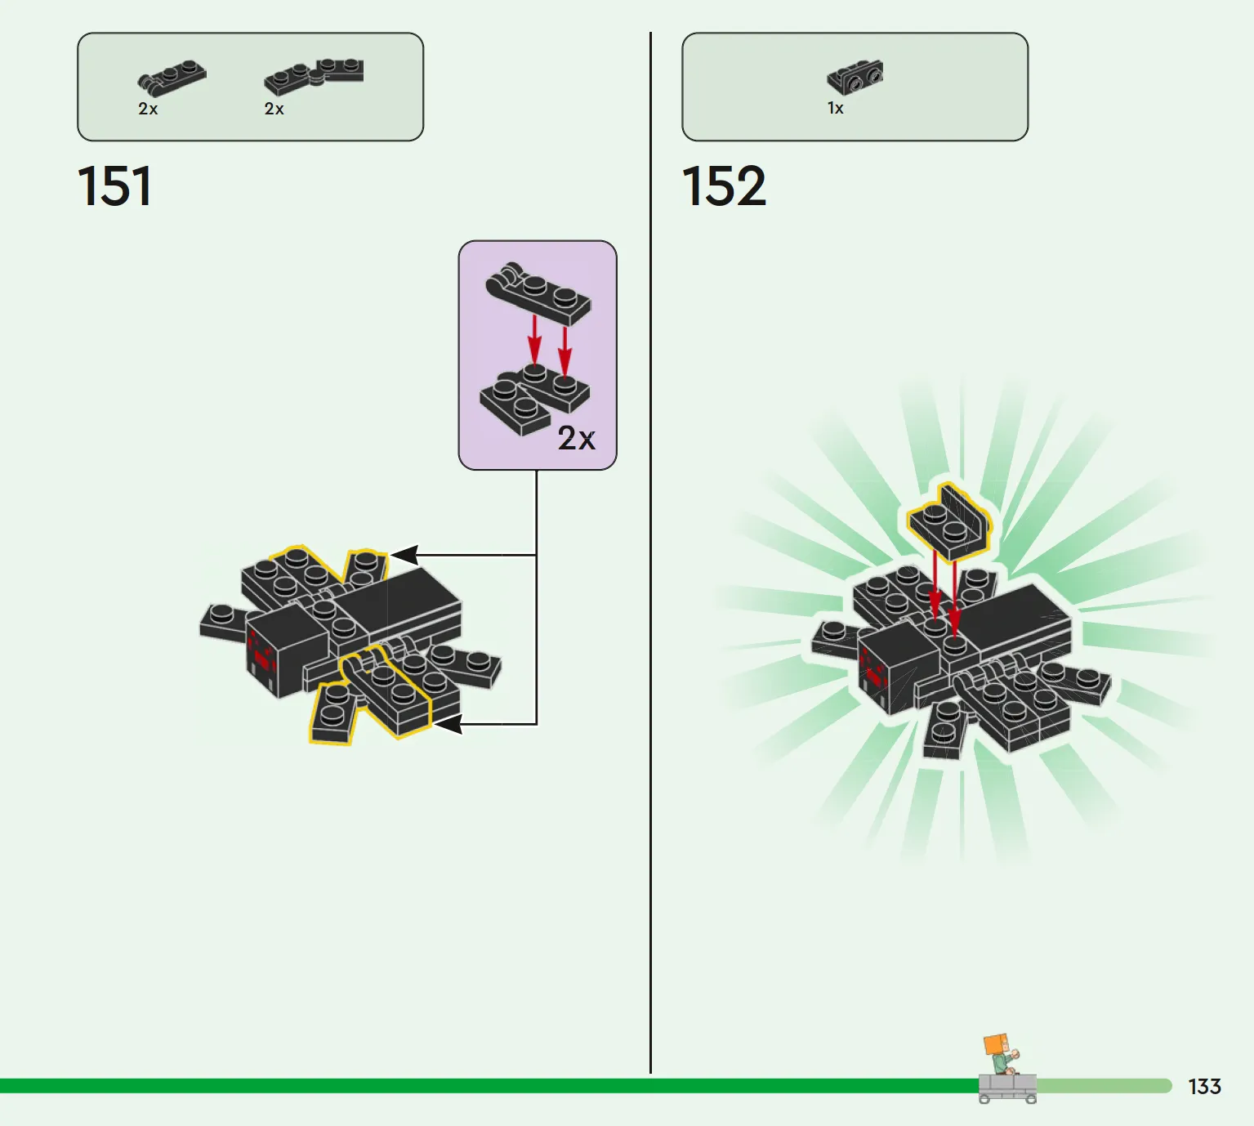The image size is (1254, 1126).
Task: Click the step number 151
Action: [114, 185]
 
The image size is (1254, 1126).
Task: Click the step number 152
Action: [724, 185]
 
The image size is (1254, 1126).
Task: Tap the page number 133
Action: [1204, 1086]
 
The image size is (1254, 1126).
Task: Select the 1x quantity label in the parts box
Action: [836, 109]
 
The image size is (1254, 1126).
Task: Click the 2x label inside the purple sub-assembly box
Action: [576, 438]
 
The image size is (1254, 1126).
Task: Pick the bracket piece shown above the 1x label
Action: [855, 77]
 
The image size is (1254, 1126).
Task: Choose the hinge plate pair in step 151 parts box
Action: [314, 76]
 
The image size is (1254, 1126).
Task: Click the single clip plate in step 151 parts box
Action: [172, 78]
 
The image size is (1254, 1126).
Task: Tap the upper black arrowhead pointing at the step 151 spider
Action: [404, 555]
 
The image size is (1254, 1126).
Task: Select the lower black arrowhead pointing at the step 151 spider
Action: [448, 724]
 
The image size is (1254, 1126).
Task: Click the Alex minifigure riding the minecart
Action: [1001, 1053]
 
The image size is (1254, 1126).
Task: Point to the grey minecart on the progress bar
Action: [1007, 1088]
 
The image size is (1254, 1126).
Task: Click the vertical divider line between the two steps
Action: [650, 552]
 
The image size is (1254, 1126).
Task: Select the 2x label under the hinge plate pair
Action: [274, 109]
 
